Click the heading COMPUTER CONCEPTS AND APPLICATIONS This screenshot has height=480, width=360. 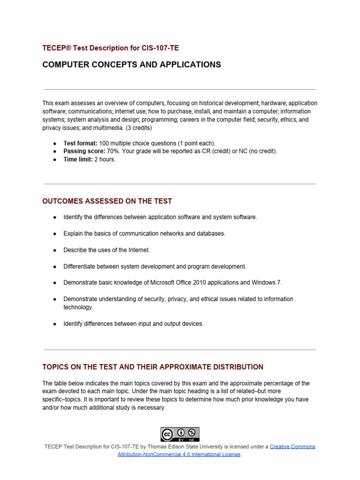point(131,65)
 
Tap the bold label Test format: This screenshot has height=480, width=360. point(81,143)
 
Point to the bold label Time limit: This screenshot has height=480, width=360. point(78,159)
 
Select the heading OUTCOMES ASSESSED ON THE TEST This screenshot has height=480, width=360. point(107,201)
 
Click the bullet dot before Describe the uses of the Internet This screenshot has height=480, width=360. point(54,250)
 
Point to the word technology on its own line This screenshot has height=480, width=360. point(78,307)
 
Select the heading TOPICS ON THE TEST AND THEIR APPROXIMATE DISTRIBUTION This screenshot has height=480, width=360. point(152,367)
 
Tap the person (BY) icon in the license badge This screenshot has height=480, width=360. point(180,433)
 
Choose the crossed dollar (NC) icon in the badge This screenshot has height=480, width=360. point(192,433)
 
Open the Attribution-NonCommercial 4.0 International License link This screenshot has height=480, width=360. point(179,454)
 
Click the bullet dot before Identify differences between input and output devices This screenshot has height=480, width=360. point(54,324)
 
